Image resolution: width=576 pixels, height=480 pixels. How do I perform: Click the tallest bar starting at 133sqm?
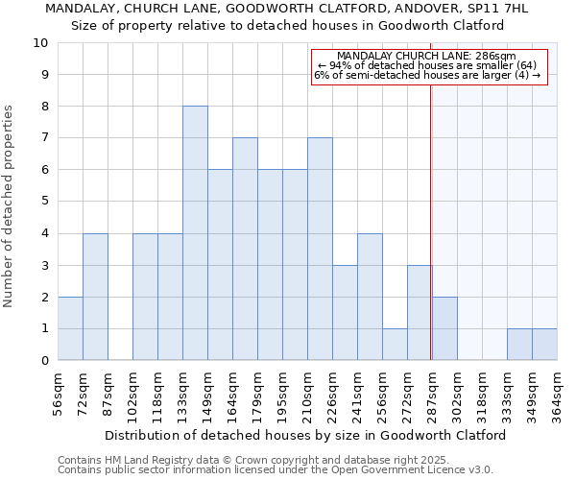[x=195, y=233]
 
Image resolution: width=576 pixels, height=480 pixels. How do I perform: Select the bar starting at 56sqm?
[x=70, y=328]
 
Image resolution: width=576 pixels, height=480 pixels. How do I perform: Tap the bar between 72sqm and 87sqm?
[x=95, y=297]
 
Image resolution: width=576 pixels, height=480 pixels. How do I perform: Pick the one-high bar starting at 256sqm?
[x=395, y=345]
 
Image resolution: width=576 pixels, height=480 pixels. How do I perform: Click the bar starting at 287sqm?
[x=444, y=328]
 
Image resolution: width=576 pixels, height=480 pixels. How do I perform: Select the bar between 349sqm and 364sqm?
[x=544, y=345]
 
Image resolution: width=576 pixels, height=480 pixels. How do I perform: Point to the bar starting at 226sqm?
[x=345, y=313]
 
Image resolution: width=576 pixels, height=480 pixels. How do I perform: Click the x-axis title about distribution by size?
[x=304, y=435]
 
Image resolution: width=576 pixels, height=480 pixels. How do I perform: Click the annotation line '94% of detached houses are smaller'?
[x=428, y=65]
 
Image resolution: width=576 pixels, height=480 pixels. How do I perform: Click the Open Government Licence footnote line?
[x=276, y=470]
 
